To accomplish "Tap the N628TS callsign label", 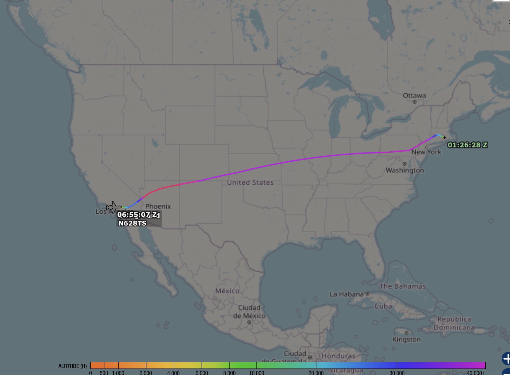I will pos(132,223).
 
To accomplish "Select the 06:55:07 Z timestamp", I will pos(137,215).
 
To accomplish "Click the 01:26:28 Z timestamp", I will pos(467,145).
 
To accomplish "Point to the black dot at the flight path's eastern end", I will pos(444,138).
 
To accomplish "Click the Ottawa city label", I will pos(414,96).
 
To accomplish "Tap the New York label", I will pos(426,152).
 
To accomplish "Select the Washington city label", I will pos(405,170).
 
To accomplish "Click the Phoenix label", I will pos(158,207).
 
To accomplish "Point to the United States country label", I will pos(250,182).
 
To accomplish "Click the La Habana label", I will pos(346,294).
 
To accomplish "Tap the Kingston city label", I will pos(407,340).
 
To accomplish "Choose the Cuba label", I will pos(383,306).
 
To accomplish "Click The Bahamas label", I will pos(403,286).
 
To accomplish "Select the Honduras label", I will pos(338,356).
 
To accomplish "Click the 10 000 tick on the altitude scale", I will pos(257,373).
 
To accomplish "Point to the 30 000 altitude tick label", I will pos(397,373).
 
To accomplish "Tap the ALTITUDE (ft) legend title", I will pos(73,366).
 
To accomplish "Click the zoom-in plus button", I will pos(506,358).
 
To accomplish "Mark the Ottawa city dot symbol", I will pos(414,102).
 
